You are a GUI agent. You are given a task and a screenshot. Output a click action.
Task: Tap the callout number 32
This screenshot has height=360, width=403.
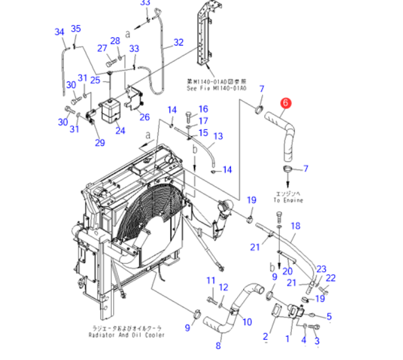click(178, 43)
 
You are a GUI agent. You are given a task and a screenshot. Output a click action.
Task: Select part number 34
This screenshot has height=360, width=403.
click(59, 32)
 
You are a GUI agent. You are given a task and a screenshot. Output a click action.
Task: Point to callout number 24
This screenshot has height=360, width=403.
click(120, 130)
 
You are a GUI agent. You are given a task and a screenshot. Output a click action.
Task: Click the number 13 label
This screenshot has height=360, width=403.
click(218, 136)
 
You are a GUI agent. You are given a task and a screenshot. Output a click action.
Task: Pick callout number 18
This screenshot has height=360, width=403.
click(295, 226)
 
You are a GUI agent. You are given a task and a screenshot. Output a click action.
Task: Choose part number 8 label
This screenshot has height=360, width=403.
click(218, 346)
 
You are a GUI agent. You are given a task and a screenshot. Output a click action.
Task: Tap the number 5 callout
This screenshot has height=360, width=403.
click(329, 316)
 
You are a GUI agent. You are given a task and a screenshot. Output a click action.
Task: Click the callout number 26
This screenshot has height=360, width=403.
click(144, 117)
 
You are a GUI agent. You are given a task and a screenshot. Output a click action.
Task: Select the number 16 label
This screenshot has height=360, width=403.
click(203, 109)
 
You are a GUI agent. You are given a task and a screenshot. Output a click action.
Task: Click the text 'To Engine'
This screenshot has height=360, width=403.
click(288, 200)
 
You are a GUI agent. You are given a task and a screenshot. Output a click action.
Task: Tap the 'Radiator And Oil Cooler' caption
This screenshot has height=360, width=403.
click(126, 335)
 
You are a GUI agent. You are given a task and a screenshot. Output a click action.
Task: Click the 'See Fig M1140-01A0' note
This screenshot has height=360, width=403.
click(216, 88)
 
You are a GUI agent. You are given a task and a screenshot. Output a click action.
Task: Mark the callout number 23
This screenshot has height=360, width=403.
click(322, 269)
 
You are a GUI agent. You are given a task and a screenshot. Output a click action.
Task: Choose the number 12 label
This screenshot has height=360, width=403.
click(223, 287)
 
